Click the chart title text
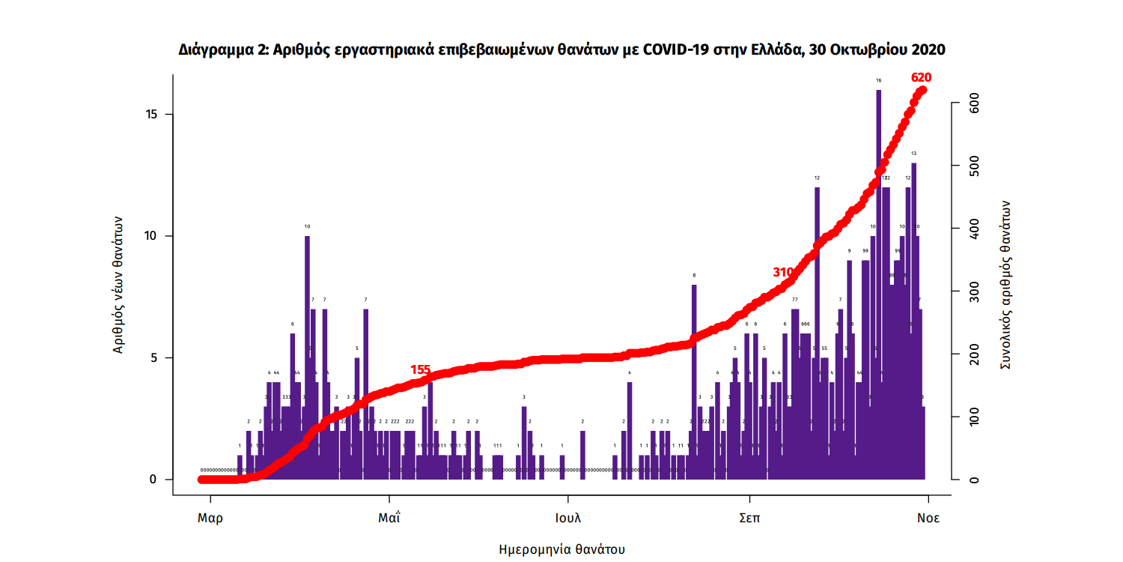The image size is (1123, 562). click(561, 50)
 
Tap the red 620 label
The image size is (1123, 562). click(921, 77)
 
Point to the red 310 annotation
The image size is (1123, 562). click(783, 272)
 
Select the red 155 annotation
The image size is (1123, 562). click(420, 369)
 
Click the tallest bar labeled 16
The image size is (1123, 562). click(878, 285)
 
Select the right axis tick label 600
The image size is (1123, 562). click(974, 106)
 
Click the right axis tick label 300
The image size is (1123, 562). click(974, 292)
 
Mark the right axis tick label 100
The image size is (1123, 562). click(974, 417)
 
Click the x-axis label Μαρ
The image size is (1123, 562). click(210, 518)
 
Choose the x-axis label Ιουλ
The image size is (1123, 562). click(568, 518)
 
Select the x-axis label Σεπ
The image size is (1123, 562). click(749, 518)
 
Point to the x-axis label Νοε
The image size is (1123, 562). click(928, 518)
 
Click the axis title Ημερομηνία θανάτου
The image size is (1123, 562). click(561, 549)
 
